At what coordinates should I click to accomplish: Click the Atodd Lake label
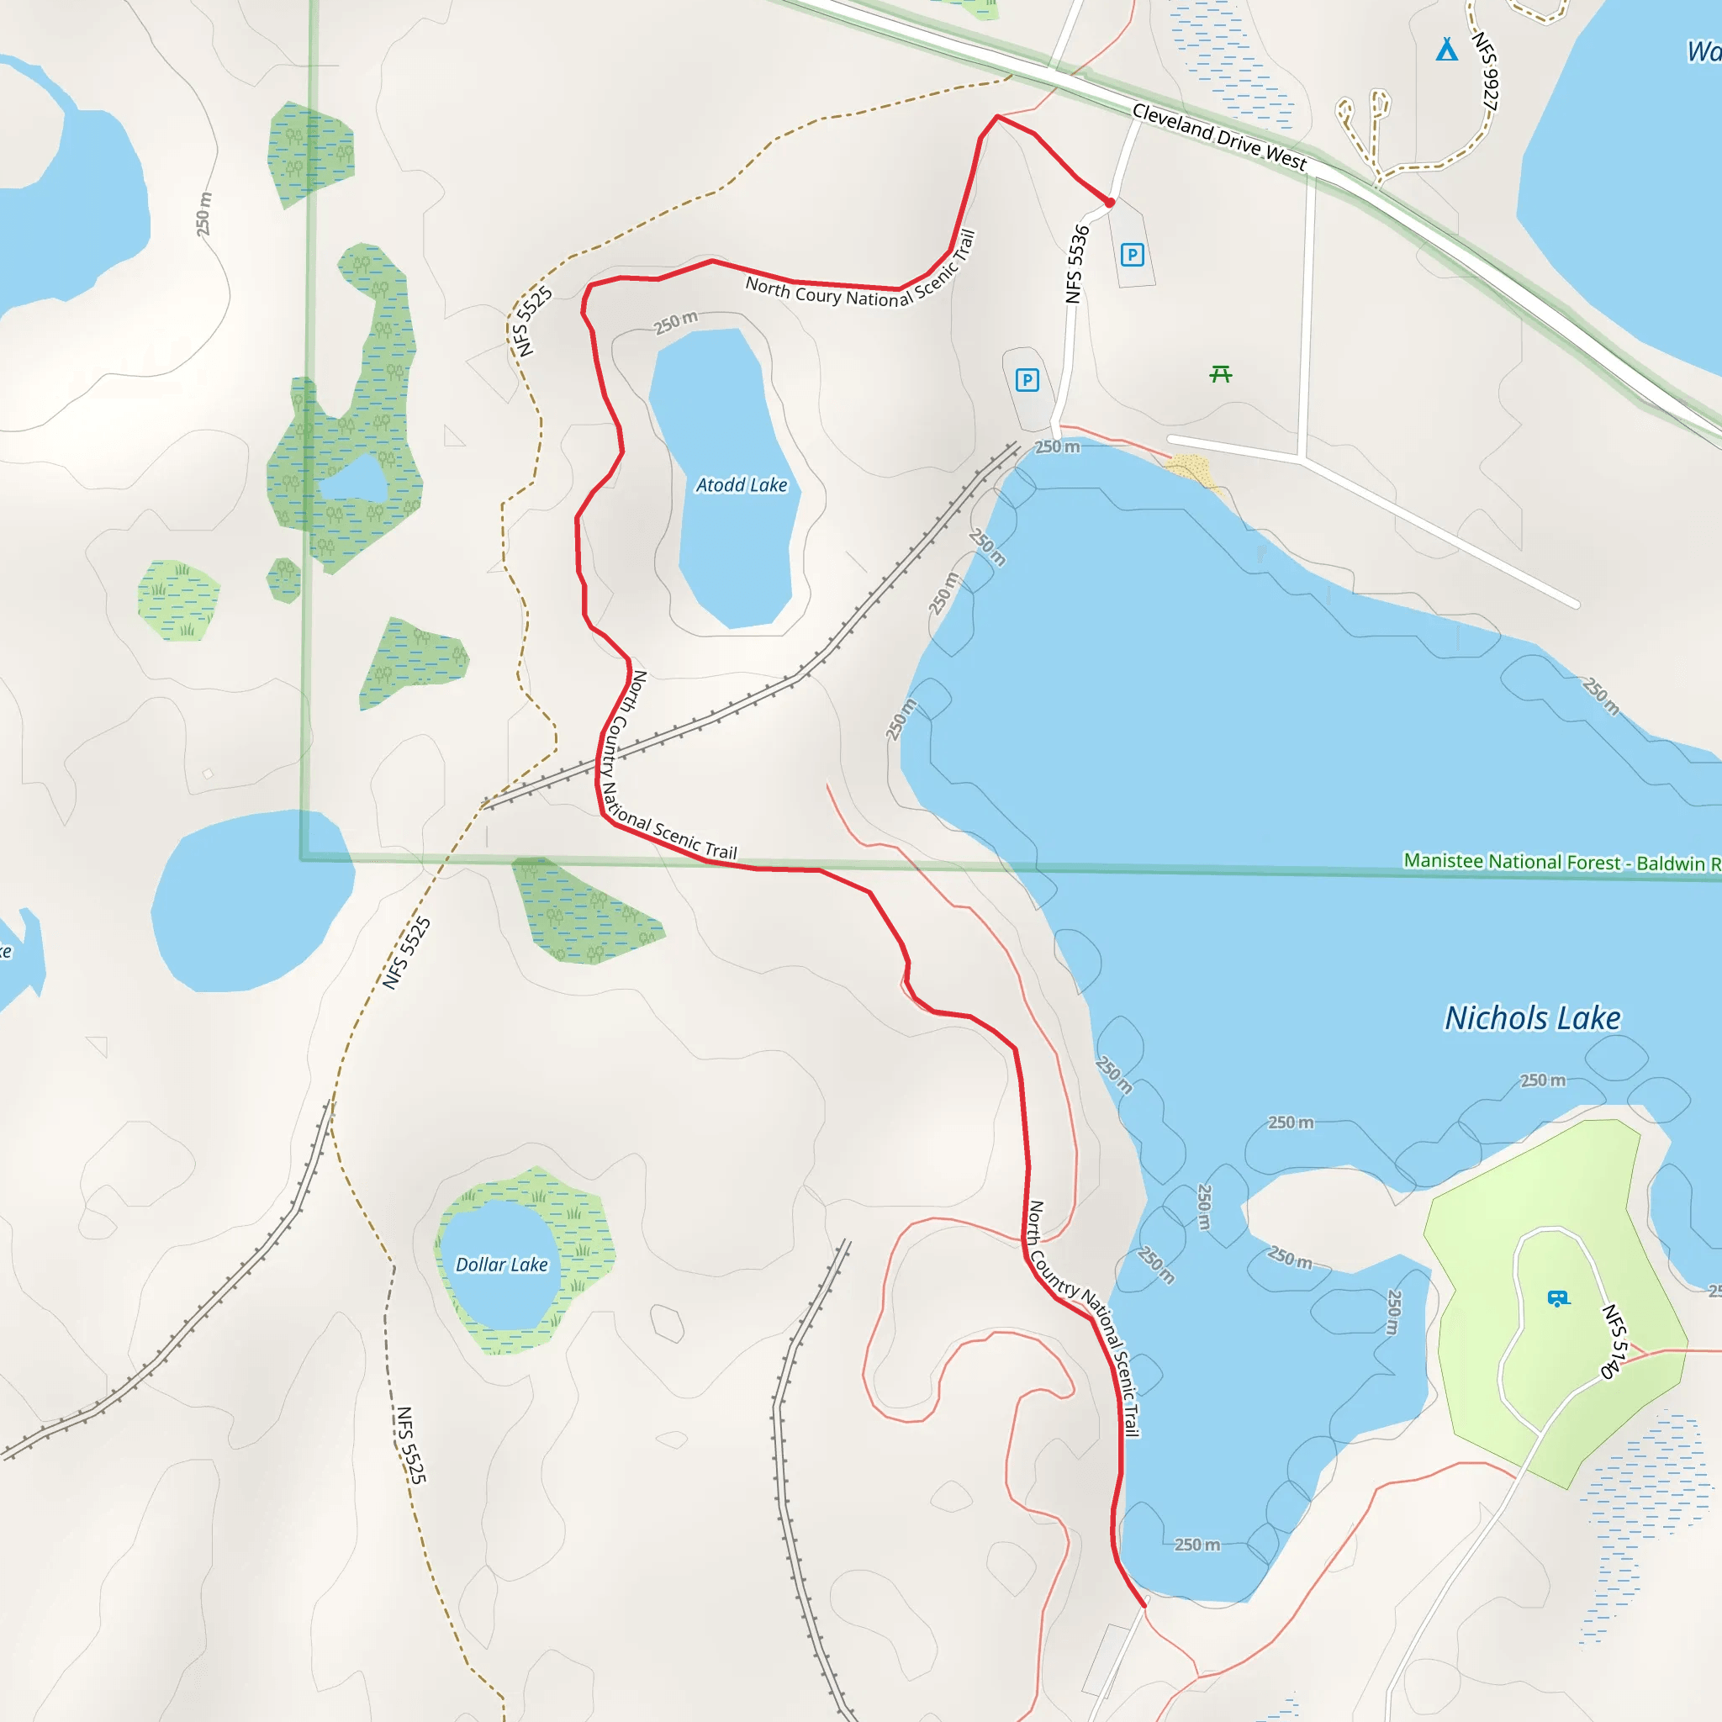click(x=742, y=485)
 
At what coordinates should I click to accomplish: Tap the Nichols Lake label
click(x=1532, y=1018)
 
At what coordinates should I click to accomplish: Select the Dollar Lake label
click(x=502, y=1265)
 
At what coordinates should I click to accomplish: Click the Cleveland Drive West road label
click(x=1218, y=136)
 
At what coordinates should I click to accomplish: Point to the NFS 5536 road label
click(x=1078, y=264)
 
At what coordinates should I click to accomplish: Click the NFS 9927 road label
click(x=1485, y=71)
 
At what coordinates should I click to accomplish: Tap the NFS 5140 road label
click(x=1614, y=1341)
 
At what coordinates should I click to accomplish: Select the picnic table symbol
click(x=1221, y=374)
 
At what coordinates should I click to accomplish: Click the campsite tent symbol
click(x=1446, y=50)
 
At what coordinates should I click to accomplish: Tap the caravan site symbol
click(x=1558, y=1298)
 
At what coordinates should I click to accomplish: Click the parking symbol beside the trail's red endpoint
click(x=1132, y=256)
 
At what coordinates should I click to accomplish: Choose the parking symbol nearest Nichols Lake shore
click(x=1027, y=381)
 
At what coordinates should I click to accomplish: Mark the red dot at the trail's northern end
click(x=1110, y=203)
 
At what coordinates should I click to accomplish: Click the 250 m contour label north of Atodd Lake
click(x=676, y=323)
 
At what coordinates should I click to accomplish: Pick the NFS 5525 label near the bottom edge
click(x=411, y=1445)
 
